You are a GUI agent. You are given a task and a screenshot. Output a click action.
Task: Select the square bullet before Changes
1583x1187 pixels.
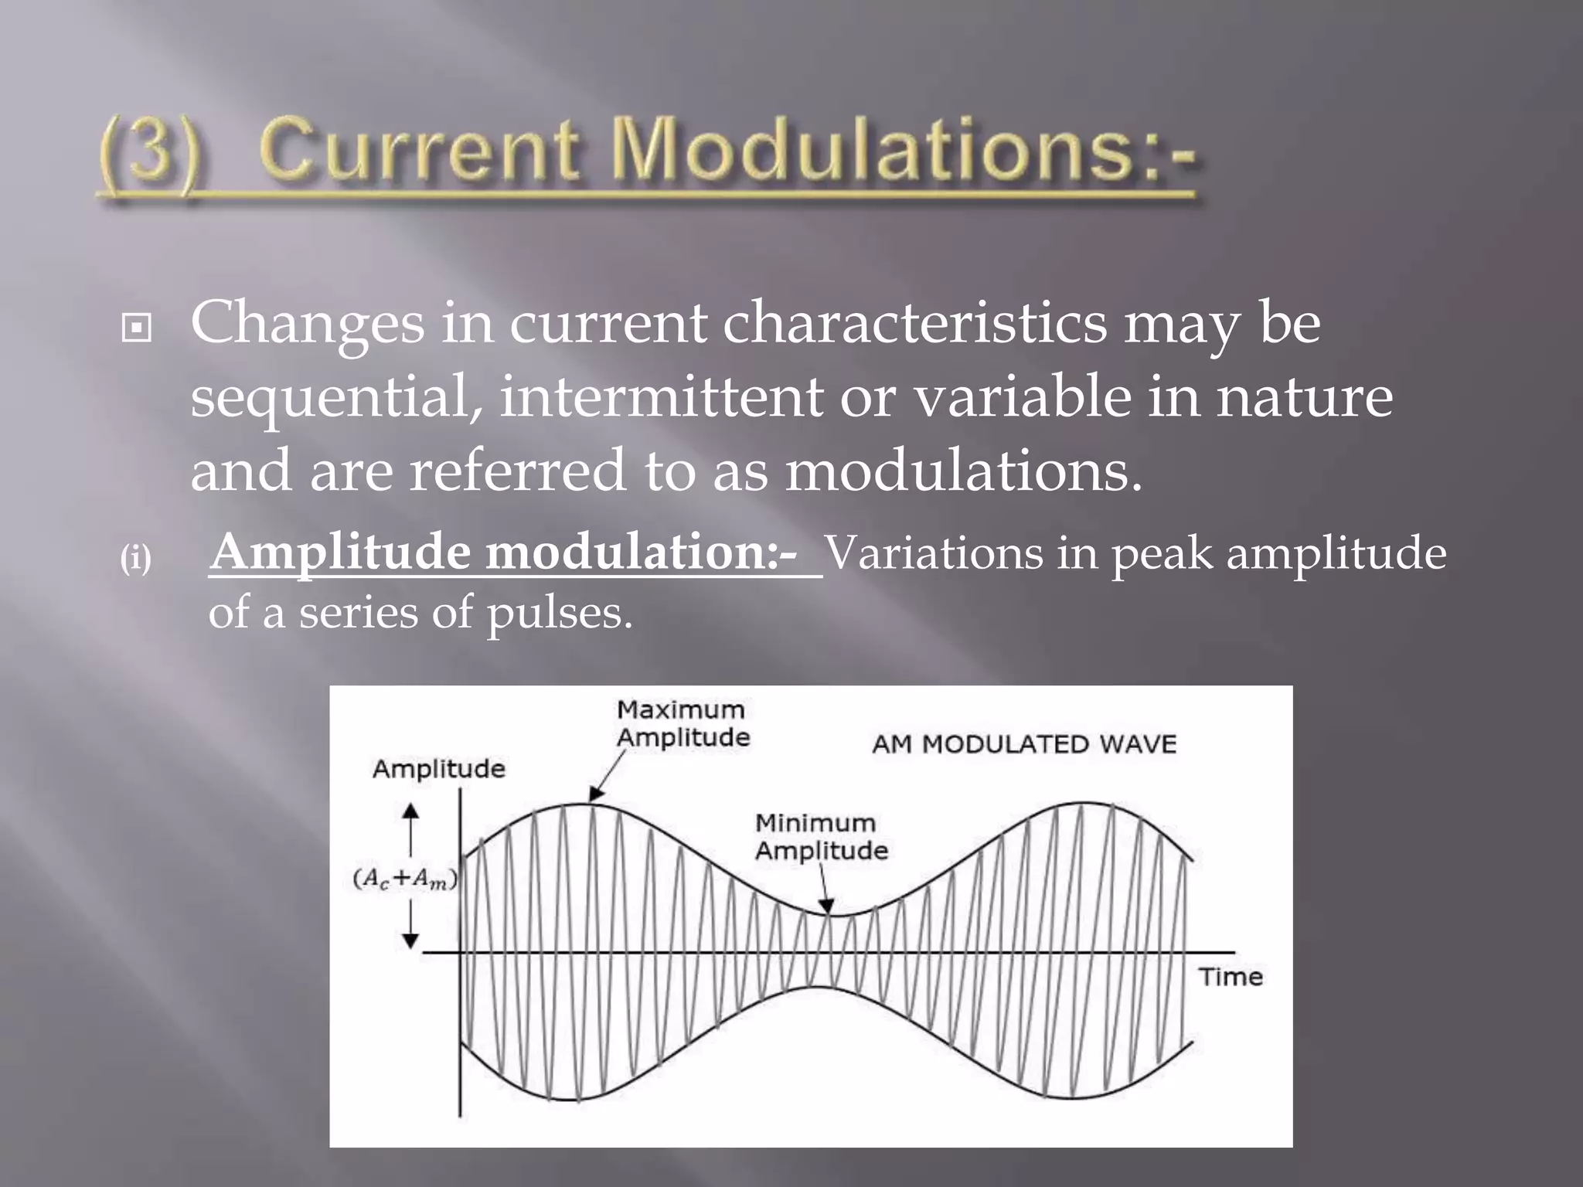coord(137,329)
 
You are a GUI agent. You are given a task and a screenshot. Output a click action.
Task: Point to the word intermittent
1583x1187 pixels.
coord(662,397)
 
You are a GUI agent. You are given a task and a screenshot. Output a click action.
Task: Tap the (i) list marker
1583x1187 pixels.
coord(135,558)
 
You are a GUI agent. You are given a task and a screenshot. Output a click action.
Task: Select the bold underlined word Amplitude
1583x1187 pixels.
coord(341,554)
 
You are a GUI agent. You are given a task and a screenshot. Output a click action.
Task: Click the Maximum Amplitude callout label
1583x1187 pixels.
coord(683,723)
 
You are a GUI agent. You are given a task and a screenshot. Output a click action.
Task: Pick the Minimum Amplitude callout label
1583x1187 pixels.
coord(821,837)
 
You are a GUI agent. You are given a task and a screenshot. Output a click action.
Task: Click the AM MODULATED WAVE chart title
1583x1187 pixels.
coord(1023,744)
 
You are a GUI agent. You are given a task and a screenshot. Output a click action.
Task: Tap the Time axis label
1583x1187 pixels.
coord(1231,977)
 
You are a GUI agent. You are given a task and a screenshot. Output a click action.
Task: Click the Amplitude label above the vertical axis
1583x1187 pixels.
coord(438,769)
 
